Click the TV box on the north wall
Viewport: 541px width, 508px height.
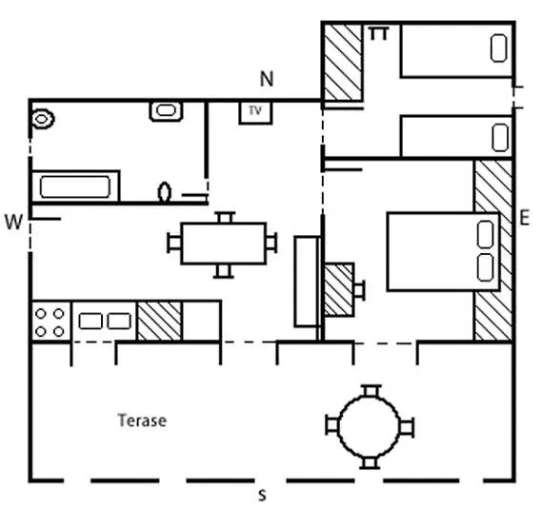click(255, 112)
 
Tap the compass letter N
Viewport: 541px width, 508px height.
click(267, 79)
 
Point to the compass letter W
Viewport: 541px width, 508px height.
click(13, 222)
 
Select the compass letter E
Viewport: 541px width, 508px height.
click(524, 218)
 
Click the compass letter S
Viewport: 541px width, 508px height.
click(263, 496)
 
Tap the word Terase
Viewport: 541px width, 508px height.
click(142, 420)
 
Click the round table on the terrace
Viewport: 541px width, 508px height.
click(370, 427)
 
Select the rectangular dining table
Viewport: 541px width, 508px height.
click(224, 244)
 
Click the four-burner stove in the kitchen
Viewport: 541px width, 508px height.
click(50, 322)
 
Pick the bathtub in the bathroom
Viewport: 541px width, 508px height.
click(75, 186)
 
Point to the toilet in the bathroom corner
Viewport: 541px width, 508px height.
click(43, 119)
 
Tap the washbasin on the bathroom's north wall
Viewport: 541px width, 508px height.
click(166, 110)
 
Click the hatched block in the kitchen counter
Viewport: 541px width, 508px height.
click(159, 322)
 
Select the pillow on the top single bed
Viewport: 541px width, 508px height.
click(498, 48)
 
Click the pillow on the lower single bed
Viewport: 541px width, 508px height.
click(500, 138)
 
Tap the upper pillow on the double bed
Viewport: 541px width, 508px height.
click(485, 234)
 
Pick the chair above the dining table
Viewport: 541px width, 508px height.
click(227, 218)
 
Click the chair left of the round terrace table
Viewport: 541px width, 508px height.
click(332, 425)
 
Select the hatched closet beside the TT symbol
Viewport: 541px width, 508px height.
click(343, 63)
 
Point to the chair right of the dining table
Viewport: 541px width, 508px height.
click(271, 243)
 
